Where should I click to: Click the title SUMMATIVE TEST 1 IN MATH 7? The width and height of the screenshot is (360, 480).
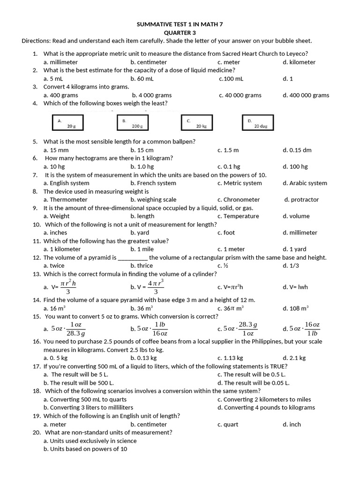[x=180, y=24]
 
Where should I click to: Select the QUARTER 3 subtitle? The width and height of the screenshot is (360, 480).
[x=180, y=32]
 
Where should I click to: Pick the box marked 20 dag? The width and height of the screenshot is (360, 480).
[x=257, y=123]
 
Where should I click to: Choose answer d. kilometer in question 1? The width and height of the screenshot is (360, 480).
[x=299, y=62]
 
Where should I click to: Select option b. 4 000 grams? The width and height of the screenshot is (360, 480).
[x=151, y=95]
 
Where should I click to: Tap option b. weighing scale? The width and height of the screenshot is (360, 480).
[x=153, y=200]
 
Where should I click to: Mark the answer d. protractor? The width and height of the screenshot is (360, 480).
[x=301, y=200]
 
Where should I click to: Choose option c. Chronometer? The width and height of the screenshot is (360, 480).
[x=239, y=200]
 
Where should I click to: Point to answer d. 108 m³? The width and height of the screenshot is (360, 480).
[x=295, y=308]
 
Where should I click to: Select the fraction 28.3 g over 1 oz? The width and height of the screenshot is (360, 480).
[x=248, y=329]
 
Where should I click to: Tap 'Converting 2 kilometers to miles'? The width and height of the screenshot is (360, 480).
[x=264, y=399]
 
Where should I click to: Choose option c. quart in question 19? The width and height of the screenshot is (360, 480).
[x=228, y=424]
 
